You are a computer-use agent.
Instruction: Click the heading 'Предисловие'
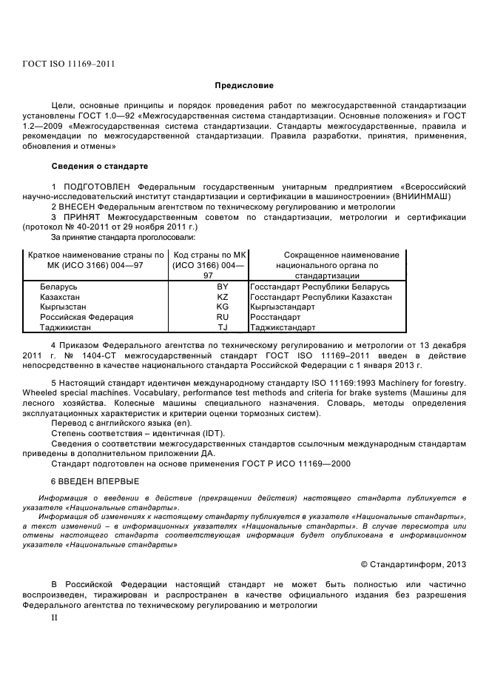[x=244, y=87]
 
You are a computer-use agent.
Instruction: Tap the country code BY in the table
[x=223, y=287]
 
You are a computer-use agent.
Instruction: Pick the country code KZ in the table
[x=223, y=297]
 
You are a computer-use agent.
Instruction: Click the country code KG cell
[x=223, y=307]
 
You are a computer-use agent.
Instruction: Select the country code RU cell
[x=223, y=317]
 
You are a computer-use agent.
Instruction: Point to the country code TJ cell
[x=223, y=327]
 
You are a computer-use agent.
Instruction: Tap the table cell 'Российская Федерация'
[x=87, y=317]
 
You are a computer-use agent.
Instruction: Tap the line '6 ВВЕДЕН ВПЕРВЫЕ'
[x=94, y=481]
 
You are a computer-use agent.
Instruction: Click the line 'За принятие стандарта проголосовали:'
[x=123, y=237]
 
